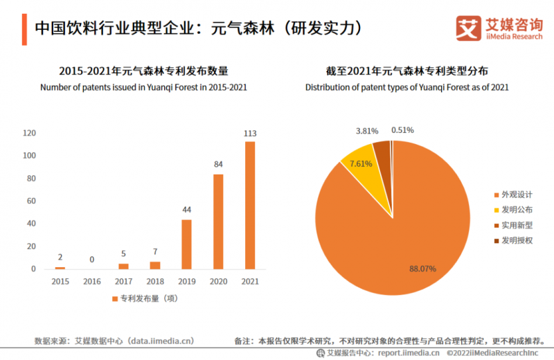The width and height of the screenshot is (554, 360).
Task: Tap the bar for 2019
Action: click(186, 244)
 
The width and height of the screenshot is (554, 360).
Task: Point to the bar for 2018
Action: click(155, 265)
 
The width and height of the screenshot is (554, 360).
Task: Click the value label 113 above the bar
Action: click(250, 134)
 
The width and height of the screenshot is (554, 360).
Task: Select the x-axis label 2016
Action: click(91, 281)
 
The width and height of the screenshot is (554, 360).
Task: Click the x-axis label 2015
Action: click(60, 281)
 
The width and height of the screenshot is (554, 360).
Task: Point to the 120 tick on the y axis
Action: click(29, 133)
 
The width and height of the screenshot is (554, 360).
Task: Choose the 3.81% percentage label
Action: click(367, 130)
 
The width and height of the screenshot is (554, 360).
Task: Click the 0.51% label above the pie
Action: click(402, 129)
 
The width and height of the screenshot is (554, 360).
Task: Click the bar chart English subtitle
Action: click(143, 87)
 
